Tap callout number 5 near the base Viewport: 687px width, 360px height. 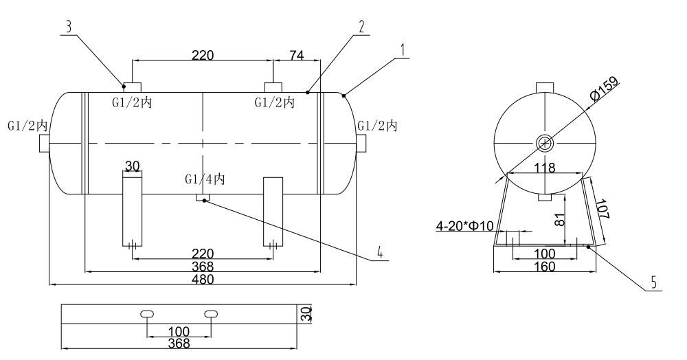(x=653, y=282)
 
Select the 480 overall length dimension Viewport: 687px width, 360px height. (x=203, y=279)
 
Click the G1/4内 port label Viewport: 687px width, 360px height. (x=205, y=179)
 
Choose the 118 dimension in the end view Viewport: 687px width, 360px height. (x=544, y=167)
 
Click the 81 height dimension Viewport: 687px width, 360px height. (x=558, y=219)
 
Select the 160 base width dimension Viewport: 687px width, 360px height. (x=544, y=266)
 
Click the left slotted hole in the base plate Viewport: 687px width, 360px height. (x=147, y=313)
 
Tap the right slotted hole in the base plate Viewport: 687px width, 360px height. (x=211, y=313)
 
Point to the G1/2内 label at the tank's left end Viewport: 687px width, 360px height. (x=27, y=126)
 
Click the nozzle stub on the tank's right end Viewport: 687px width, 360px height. (x=361, y=142)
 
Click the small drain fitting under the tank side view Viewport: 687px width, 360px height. (x=203, y=198)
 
